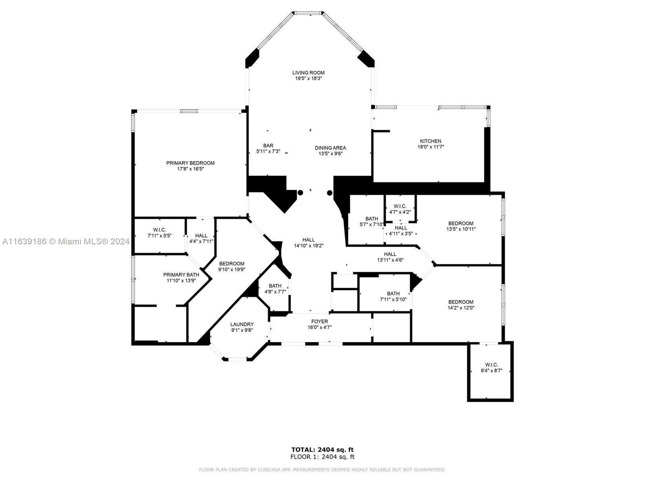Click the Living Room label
pos(308,73)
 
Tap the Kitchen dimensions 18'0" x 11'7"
pos(431,147)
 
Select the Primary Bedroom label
pos(190,163)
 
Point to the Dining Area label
pos(330,148)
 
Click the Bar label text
pos(268,145)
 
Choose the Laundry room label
pos(242,324)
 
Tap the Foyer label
pos(319,322)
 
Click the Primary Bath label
pos(181,275)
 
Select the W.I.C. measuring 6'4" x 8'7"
pos(491,368)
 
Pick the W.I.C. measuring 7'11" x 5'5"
pos(160,233)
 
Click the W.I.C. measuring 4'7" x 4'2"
pos(400,209)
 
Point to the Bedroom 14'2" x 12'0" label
pos(461,305)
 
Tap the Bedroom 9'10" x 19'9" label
pos(231,266)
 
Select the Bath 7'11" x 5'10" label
pos(393,297)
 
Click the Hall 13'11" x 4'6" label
pos(390,257)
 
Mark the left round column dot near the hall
pos(300,193)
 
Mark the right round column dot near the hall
pos(330,193)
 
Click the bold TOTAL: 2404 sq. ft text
pos(322,450)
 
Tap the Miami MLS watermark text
pos(66,242)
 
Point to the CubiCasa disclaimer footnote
pos(322,469)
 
